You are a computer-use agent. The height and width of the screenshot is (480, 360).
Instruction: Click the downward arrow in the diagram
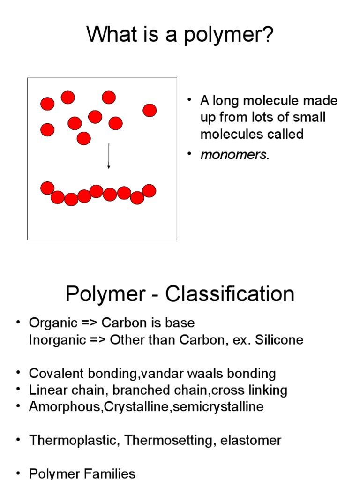tap(109, 156)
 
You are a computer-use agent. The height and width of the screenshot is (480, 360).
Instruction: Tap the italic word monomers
tap(235, 155)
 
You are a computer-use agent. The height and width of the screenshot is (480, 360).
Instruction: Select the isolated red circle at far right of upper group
tap(150, 110)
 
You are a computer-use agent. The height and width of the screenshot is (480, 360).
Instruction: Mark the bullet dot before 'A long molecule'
tap(189, 100)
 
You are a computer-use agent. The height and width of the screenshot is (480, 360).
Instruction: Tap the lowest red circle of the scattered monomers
tap(83, 138)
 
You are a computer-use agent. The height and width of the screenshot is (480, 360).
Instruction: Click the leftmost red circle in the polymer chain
tap(47, 188)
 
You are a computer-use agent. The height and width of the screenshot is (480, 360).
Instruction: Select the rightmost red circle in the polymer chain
tap(149, 191)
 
